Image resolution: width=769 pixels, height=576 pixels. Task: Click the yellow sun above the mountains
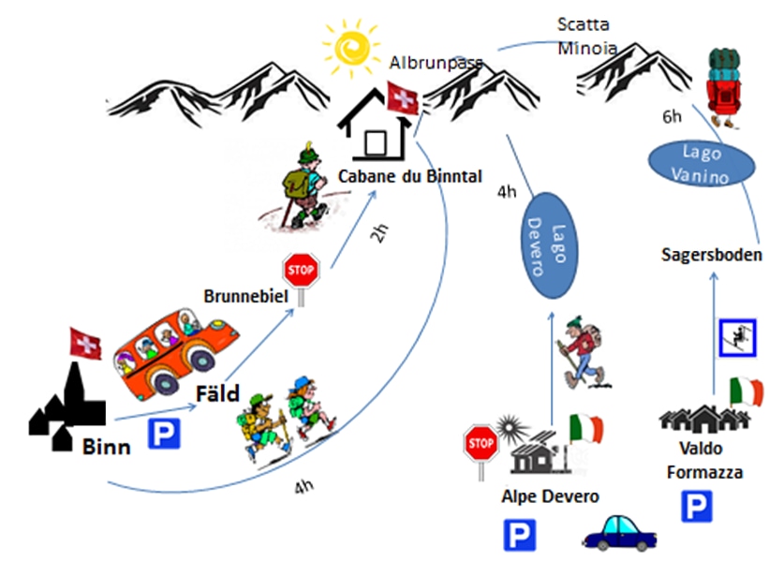pyautogui.click(x=351, y=44)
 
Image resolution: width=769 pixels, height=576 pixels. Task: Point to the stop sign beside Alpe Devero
pyautogui.click(x=481, y=443)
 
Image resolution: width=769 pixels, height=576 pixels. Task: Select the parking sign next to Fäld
pyautogui.click(x=164, y=433)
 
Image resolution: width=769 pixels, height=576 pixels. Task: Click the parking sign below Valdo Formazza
pyautogui.click(x=696, y=507)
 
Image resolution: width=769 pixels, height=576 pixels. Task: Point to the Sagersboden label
pyautogui.click(x=711, y=254)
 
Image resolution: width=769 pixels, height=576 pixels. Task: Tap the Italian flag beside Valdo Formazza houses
pyautogui.click(x=746, y=391)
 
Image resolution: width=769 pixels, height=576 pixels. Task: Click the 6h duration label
pyautogui.click(x=672, y=116)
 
